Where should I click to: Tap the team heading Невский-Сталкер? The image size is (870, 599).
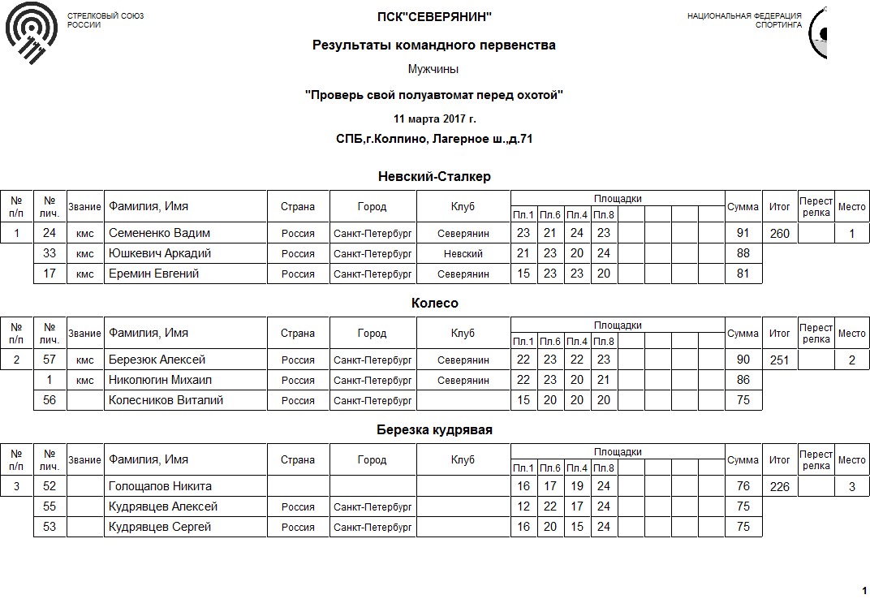pyautogui.click(x=434, y=176)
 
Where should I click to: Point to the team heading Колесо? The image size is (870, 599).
pyautogui.click(x=434, y=303)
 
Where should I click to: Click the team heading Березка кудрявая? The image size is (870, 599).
pyautogui.click(x=434, y=429)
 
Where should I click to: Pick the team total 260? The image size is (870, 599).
pyautogui.click(x=779, y=234)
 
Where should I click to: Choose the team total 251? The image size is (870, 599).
pyautogui.click(x=779, y=360)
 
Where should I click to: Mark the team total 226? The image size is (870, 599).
pyautogui.click(x=779, y=487)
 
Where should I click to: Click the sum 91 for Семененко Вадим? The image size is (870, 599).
pyautogui.click(x=742, y=233)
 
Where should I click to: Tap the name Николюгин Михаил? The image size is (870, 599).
pyautogui.click(x=160, y=380)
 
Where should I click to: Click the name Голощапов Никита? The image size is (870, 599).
pyautogui.click(x=160, y=486)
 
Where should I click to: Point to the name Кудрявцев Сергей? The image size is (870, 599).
pyautogui.click(x=160, y=527)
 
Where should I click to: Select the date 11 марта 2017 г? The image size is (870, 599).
pyautogui.click(x=434, y=119)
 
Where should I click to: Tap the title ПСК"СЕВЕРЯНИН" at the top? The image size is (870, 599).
pyautogui.click(x=434, y=17)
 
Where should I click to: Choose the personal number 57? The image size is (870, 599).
pyautogui.click(x=50, y=360)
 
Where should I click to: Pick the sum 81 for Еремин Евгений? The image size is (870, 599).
pyautogui.click(x=742, y=274)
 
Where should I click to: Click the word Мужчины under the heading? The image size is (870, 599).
pyautogui.click(x=434, y=69)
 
